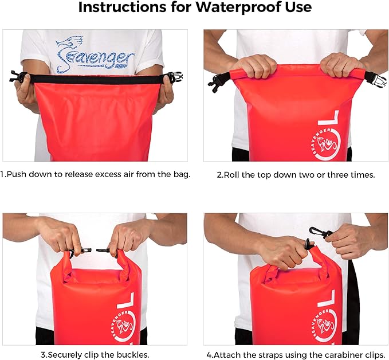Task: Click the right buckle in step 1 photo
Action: pyautogui.click(x=174, y=77)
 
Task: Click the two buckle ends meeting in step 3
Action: pyautogui.click(x=94, y=251)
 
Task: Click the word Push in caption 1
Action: pyautogui.click(x=18, y=174)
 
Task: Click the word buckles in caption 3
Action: pyautogui.click(x=132, y=354)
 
